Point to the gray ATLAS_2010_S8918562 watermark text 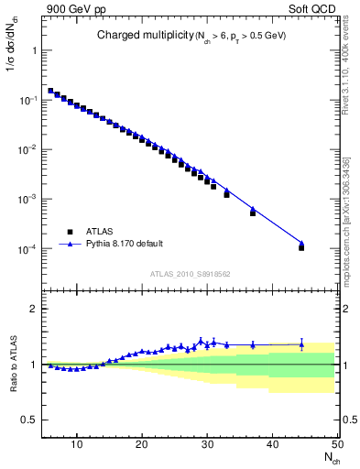[191, 274]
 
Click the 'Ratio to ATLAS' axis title [14, 364]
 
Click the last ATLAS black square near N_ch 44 [301, 247]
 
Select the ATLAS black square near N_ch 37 [253, 213]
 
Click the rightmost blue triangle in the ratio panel [301, 345]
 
